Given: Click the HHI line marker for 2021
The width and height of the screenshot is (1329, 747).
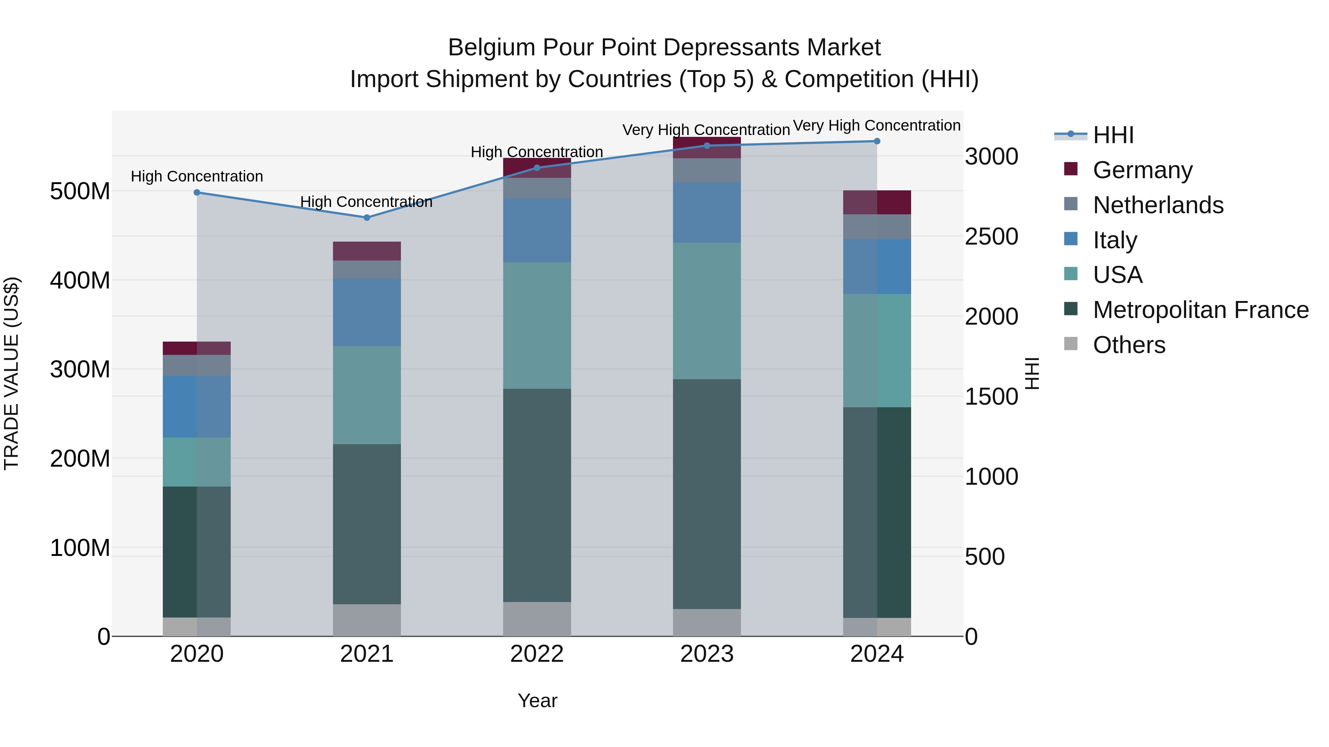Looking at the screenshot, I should coord(367,218).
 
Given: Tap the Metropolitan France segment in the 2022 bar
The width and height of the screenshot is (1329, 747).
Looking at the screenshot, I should coord(537,495).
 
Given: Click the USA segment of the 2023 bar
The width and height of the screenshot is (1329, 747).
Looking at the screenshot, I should coord(707,311).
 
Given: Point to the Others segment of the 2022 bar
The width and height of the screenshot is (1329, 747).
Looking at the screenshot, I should coord(537,619).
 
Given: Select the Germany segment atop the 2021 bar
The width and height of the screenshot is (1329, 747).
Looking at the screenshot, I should coord(367,251).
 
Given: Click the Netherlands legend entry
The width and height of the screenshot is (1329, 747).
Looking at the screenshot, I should coord(1158,205).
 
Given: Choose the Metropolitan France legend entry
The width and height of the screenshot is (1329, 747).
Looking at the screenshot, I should coord(1201,310).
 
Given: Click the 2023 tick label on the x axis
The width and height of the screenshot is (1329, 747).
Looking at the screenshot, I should coord(707,654).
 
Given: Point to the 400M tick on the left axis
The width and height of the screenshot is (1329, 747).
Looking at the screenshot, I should coord(80,280).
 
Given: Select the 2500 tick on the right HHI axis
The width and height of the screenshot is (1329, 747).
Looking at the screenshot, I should coord(991,236).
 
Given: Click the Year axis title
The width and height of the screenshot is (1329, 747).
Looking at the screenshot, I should coord(537,701).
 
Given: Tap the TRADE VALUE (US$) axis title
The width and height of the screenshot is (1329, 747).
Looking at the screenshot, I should coord(11,373).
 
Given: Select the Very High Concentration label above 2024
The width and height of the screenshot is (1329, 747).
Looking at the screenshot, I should coord(876,126).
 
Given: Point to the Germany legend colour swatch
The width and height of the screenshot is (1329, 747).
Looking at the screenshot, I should coord(1071,169).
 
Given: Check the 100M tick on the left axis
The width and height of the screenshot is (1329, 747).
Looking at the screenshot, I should coord(80,547).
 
